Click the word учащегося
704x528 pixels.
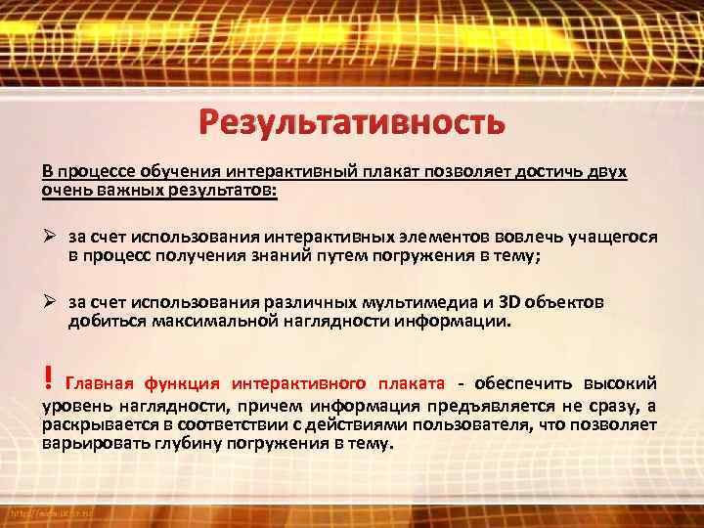pos(615,237)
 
